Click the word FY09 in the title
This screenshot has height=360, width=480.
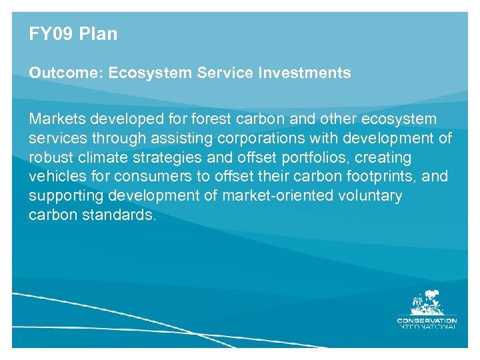pyautogui.click(x=51, y=34)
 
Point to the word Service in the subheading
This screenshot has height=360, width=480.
pyautogui.click(x=222, y=73)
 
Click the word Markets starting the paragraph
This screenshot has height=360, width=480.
pyautogui.click(x=55, y=119)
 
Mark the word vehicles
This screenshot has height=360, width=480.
pyautogui.click(x=54, y=177)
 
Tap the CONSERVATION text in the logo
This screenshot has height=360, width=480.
pyautogui.click(x=427, y=320)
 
